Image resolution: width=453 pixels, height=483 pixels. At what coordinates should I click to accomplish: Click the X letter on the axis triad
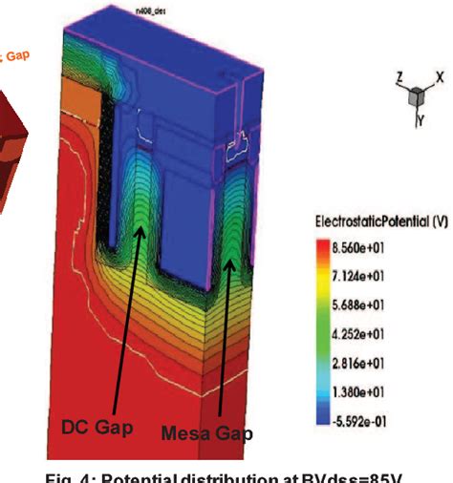[x=439, y=75]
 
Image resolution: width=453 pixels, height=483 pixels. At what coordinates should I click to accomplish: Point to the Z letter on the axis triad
[x=400, y=75]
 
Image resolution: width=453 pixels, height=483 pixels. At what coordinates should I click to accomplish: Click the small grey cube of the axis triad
[x=417, y=95]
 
